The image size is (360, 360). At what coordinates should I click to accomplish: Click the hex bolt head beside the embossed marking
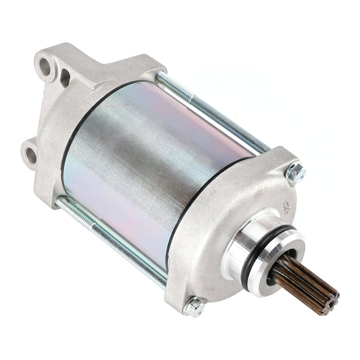click(296, 171)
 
